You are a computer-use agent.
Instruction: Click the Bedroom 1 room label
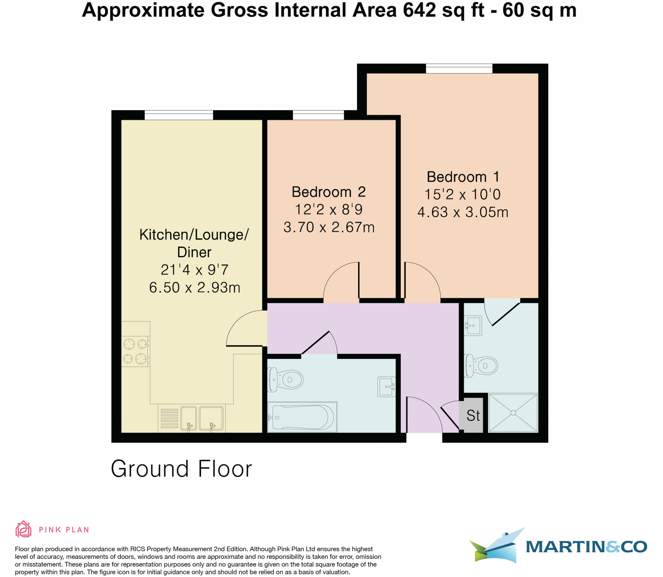[463, 177]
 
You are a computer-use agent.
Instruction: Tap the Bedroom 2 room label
[329, 192]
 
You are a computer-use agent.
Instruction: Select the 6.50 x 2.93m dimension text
[195, 287]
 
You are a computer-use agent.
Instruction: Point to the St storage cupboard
[473, 416]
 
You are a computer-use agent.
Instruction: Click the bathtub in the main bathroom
[302, 417]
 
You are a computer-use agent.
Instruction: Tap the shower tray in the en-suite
[513, 413]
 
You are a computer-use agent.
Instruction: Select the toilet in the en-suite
[481, 366]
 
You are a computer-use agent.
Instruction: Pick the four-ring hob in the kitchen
[135, 351]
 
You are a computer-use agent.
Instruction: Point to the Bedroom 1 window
[459, 69]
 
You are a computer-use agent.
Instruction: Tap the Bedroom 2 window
[318, 115]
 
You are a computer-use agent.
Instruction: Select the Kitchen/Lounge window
[179, 115]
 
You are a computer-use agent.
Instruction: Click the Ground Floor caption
[181, 469]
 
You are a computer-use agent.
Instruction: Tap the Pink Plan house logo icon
[23, 529]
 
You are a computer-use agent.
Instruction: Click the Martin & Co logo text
[586, 547]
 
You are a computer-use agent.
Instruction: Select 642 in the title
[420, 10]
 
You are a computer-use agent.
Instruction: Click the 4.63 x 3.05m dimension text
[463, 212]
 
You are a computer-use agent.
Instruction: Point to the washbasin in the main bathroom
[387, 387]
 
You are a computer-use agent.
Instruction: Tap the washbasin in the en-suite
[473, 326]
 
